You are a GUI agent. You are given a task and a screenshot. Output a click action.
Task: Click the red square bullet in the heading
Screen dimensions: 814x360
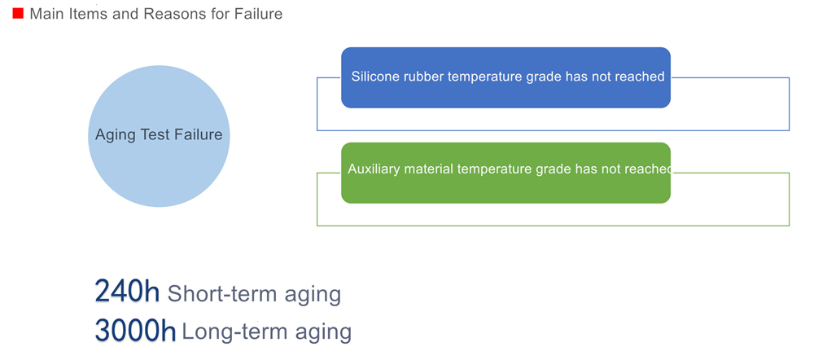click(x=18, y=14)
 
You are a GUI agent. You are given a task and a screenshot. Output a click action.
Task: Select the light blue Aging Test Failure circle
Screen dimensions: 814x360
click(x=159, y=136)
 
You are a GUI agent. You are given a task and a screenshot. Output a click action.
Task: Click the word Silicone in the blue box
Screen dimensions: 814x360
click(x=372, y=77)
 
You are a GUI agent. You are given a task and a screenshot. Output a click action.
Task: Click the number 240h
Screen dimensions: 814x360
click(x=127, y=292)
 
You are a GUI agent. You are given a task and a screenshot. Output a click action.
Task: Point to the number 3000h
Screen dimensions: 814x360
click(x=135, y=330)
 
